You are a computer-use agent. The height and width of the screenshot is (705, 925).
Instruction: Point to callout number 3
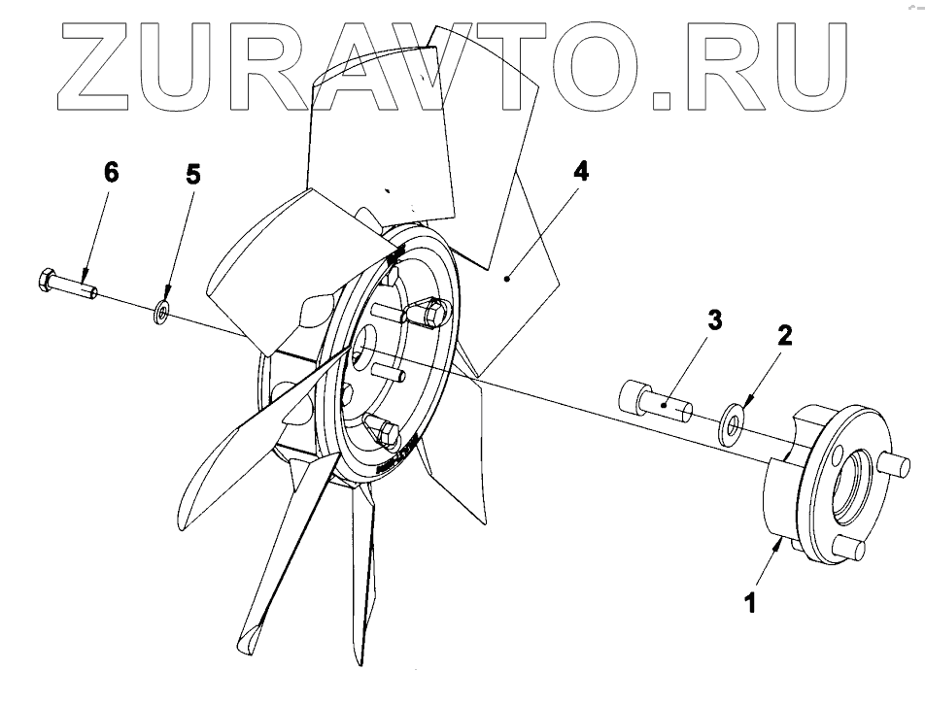coord(714,321)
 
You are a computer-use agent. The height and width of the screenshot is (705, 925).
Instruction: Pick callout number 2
coord(785,336)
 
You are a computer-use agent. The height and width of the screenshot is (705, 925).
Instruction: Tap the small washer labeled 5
coord(162,313)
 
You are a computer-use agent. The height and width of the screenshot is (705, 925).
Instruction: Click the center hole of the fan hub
coord(365,350)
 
